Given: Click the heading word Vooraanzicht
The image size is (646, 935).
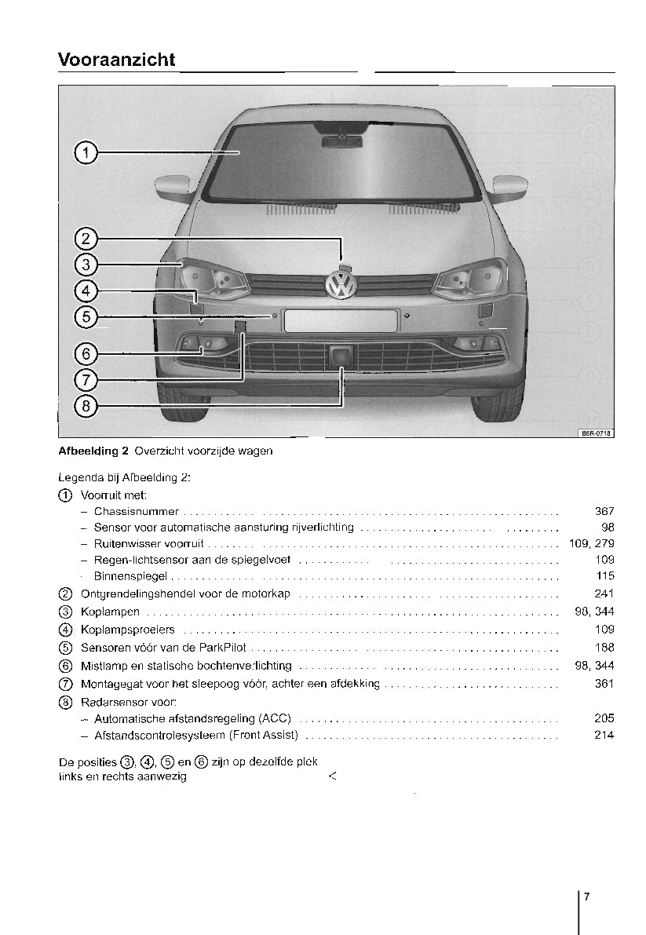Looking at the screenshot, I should [x=116, y=60].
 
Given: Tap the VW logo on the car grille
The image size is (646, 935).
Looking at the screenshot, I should [x=341, y=283].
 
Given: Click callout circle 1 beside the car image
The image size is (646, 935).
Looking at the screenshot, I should [x=86, y=152].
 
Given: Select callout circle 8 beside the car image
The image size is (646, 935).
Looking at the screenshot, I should [x=86, y=405].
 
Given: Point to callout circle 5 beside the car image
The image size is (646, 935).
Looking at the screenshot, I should [x=86, y=316].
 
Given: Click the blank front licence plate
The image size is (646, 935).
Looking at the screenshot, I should [x=341, y=320].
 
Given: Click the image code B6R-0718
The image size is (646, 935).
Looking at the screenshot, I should [x=597, y=432].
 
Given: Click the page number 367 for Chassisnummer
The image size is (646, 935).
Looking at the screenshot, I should [x=604, y=512].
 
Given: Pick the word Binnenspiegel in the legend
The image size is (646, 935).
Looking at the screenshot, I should [x=130, y=576].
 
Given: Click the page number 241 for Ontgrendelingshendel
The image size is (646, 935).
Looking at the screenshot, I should [x=604, y=594].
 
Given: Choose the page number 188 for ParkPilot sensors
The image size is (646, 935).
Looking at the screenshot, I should [x=604, y=648].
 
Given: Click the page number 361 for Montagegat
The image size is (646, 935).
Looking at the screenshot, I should [x=604, y=684].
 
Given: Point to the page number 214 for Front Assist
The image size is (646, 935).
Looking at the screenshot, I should [x=604, y=736].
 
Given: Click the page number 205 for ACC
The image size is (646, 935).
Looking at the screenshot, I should [x=604, y=718].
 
